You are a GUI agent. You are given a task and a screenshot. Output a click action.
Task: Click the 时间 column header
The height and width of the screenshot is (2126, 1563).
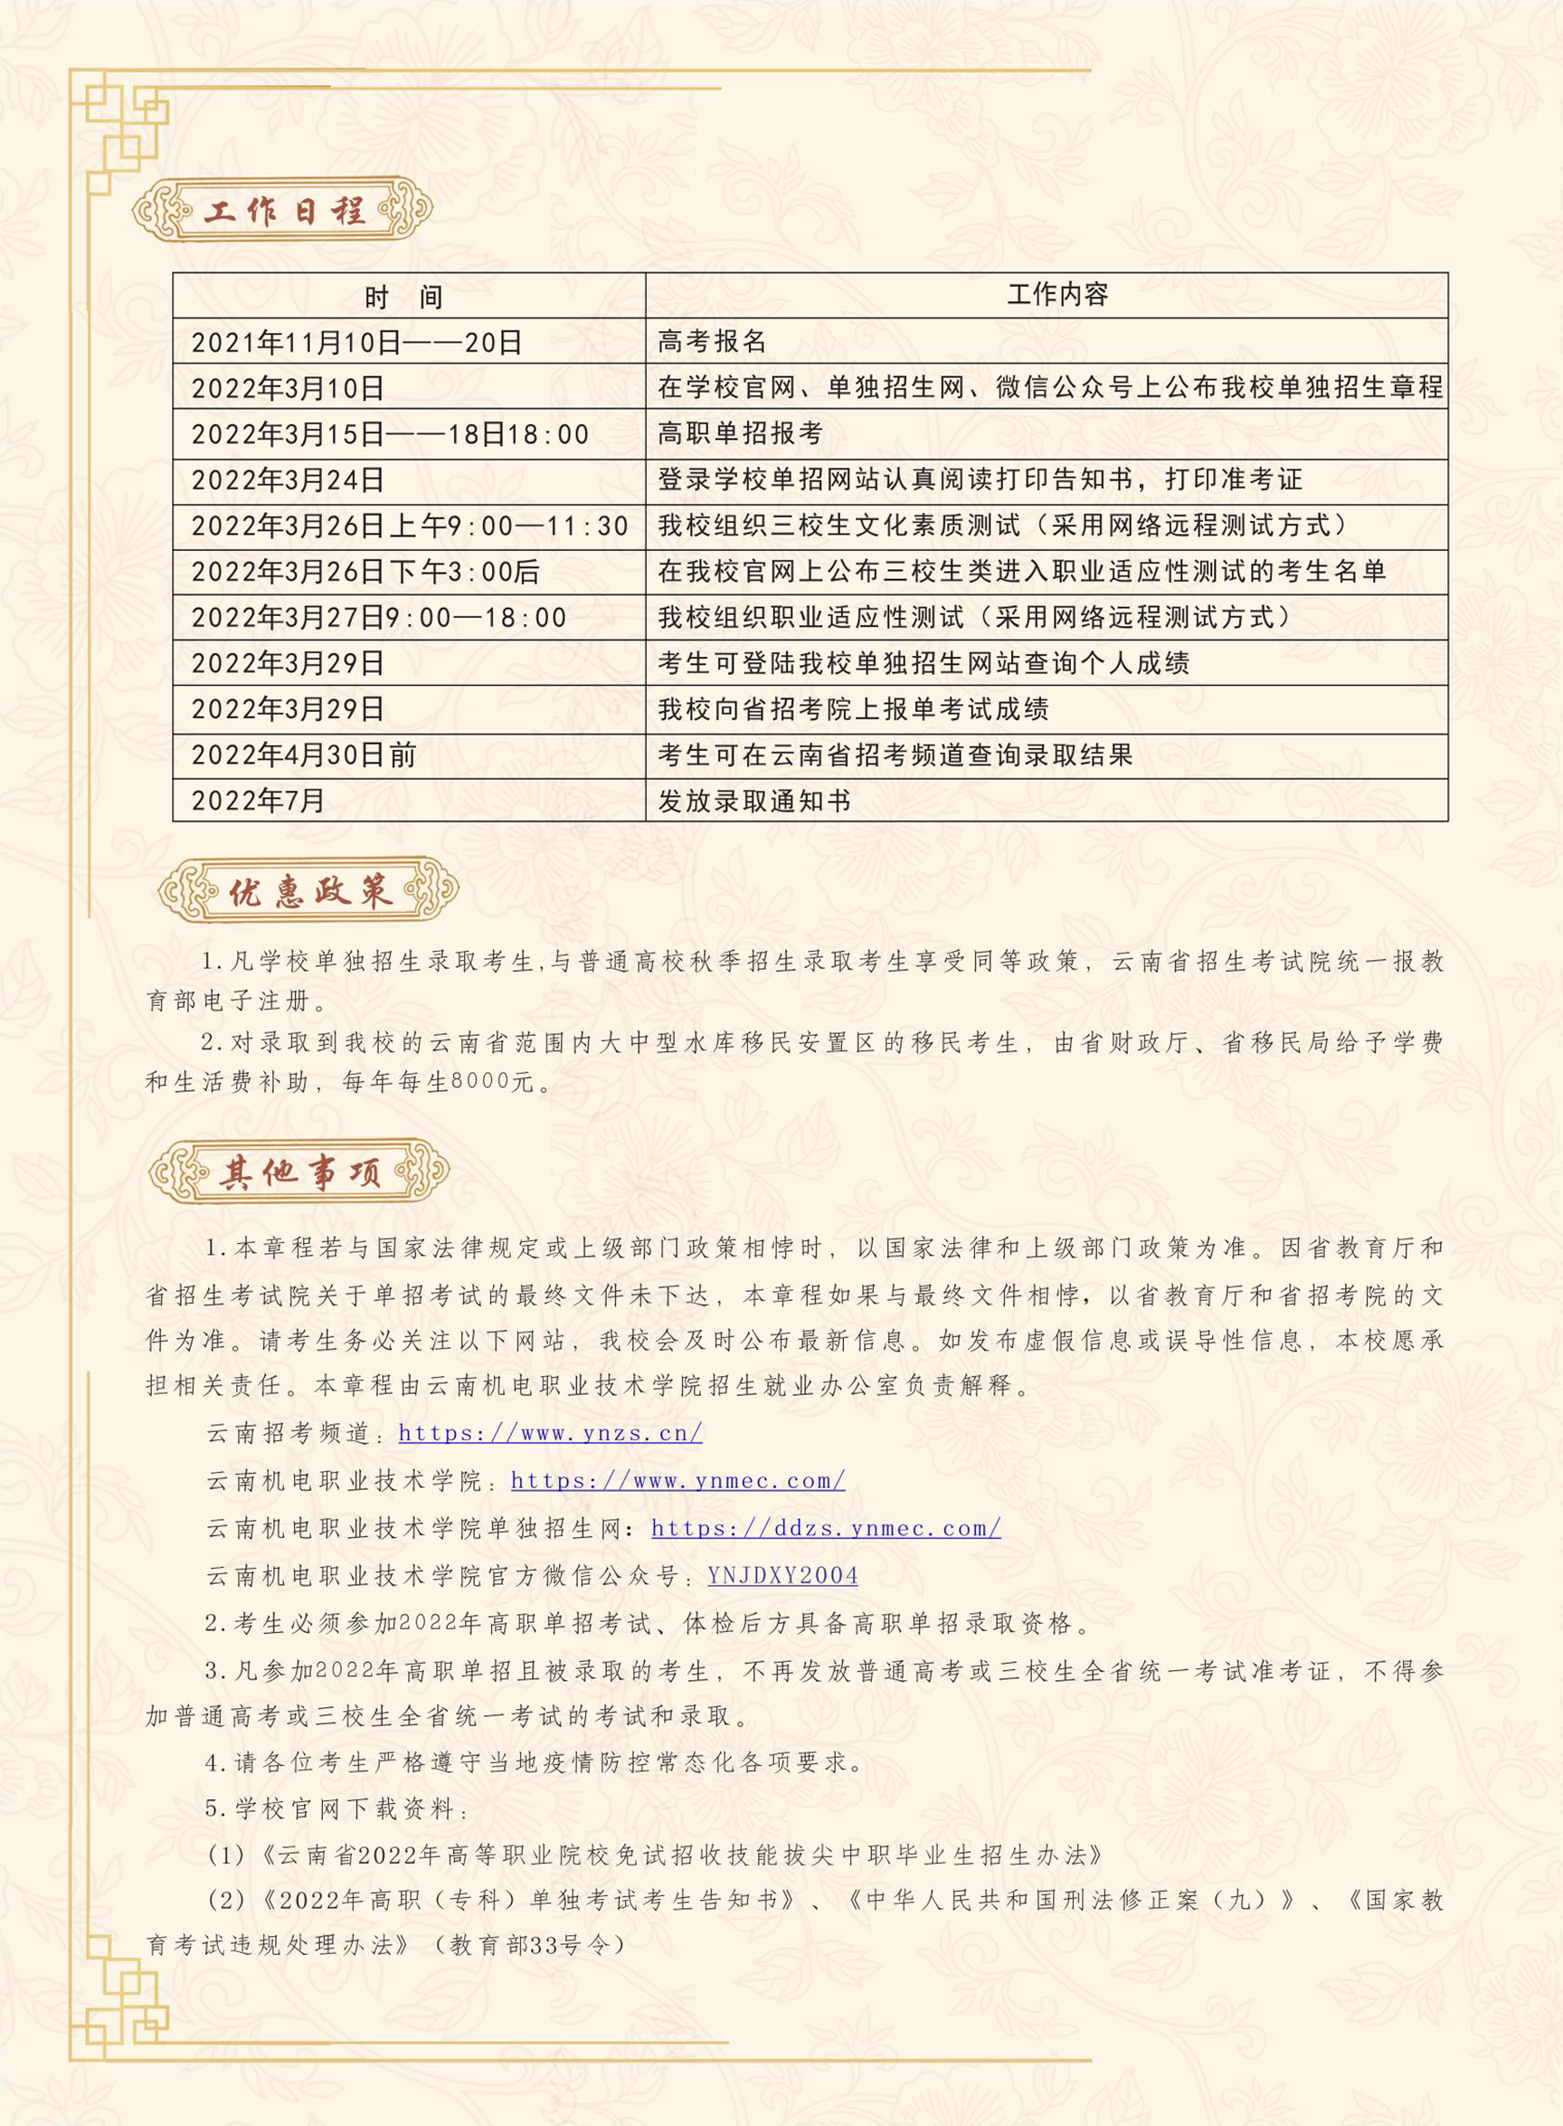(x=404, y=298)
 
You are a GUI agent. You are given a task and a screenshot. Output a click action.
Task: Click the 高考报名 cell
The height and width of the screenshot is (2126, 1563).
(x=712, y=342)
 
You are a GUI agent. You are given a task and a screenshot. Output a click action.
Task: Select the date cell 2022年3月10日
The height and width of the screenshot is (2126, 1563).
(x=288, y=388)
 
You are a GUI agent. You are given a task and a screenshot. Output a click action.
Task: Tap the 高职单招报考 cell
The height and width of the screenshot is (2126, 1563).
(x=740, y=433)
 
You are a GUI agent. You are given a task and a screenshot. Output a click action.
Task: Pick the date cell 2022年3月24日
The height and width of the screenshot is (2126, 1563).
(x=288, y=479)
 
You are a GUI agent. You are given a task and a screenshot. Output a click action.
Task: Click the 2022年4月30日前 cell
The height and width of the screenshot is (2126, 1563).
(x=304, y=755)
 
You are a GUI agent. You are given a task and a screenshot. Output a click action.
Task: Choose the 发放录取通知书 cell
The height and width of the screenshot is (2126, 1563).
(x=754, y=802)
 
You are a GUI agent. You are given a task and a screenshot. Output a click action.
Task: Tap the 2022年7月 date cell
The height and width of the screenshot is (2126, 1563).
(x=259, y=802)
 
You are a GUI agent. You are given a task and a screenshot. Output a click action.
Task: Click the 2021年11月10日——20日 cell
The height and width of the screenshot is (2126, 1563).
(x=356, y=343)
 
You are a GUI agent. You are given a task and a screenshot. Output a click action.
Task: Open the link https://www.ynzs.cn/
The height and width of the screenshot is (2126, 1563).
(x=550, y=1432)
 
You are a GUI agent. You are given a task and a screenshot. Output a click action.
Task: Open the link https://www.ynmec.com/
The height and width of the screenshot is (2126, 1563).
(x=677, y=1481)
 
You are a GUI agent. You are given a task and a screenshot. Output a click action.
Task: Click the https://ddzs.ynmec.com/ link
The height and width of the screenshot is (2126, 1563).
(x=825, y=1528)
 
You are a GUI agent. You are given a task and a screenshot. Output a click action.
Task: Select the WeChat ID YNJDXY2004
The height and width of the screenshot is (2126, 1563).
(x=782, y=1575)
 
